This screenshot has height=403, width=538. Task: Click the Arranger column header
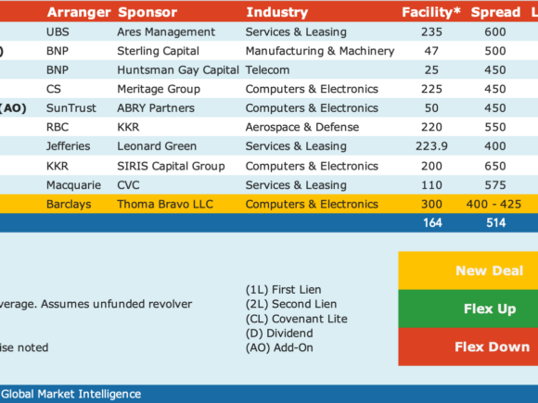click(79, 12)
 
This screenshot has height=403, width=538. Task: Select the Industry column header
click(277, 12)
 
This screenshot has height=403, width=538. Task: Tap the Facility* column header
click(431, 12)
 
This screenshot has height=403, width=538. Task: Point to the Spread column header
click(495, 12)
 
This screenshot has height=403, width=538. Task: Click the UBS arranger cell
click(58, 31)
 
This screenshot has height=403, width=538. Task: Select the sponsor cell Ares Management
click(166, 31)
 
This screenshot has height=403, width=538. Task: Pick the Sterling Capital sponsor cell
click(159, 51)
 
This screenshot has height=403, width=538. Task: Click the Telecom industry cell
click(267, 69)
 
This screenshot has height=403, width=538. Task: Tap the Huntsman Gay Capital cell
click(178, 69)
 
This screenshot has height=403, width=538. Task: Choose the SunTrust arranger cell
click(71, 108)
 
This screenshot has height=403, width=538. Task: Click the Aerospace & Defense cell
click(302, 127)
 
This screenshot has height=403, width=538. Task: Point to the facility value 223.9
click(431, 146)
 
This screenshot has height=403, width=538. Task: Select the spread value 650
click(495, 166)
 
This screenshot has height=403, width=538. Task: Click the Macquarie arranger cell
click(73, 185)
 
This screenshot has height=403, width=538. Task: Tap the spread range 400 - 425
click(493, 204)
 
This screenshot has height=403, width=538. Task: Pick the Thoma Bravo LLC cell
click(165, 204)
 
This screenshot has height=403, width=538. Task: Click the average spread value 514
click(496, 223)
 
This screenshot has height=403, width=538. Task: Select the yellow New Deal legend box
click(468, 271)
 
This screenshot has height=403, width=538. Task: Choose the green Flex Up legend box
click(468, 309)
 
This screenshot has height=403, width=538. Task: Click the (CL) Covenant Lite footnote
click(297, 319)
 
